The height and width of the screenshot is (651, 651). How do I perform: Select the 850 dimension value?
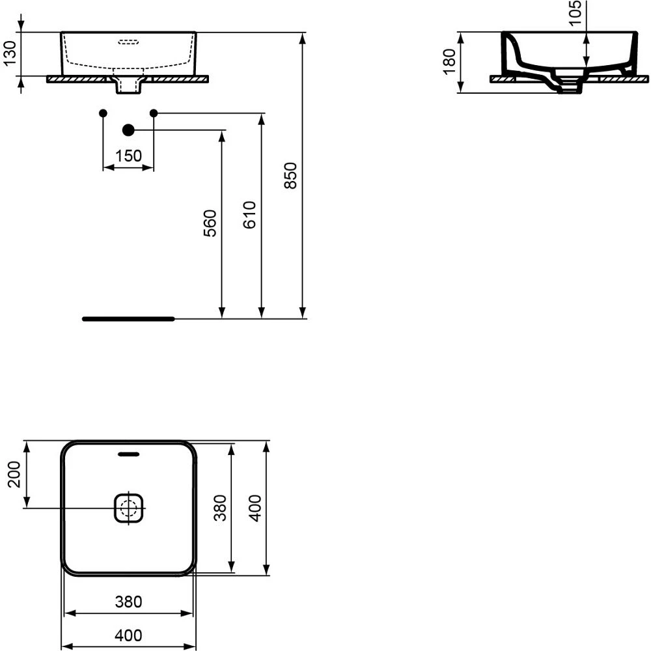pos(291,175)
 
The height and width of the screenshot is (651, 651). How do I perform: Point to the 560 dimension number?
pos(210,223)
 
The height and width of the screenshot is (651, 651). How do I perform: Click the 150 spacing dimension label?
pos(128,156)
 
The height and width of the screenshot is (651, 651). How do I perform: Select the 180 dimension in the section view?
pos(449,62)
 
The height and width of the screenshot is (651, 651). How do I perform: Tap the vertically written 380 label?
pos(220,508)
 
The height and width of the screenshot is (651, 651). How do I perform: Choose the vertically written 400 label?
pos(255,508)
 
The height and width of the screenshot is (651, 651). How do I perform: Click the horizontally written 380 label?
pos(128,602)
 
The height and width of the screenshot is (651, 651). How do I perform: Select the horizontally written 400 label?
pos(128,635)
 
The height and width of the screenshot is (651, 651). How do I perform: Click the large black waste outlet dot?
pos(128,130)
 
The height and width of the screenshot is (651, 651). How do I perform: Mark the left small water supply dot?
pos(103,113)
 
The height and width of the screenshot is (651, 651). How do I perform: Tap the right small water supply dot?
pos(154,113)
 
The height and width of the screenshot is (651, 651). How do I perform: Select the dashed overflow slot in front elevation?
pos(128,44)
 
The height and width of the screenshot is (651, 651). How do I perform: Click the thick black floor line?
pos(128,319)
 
